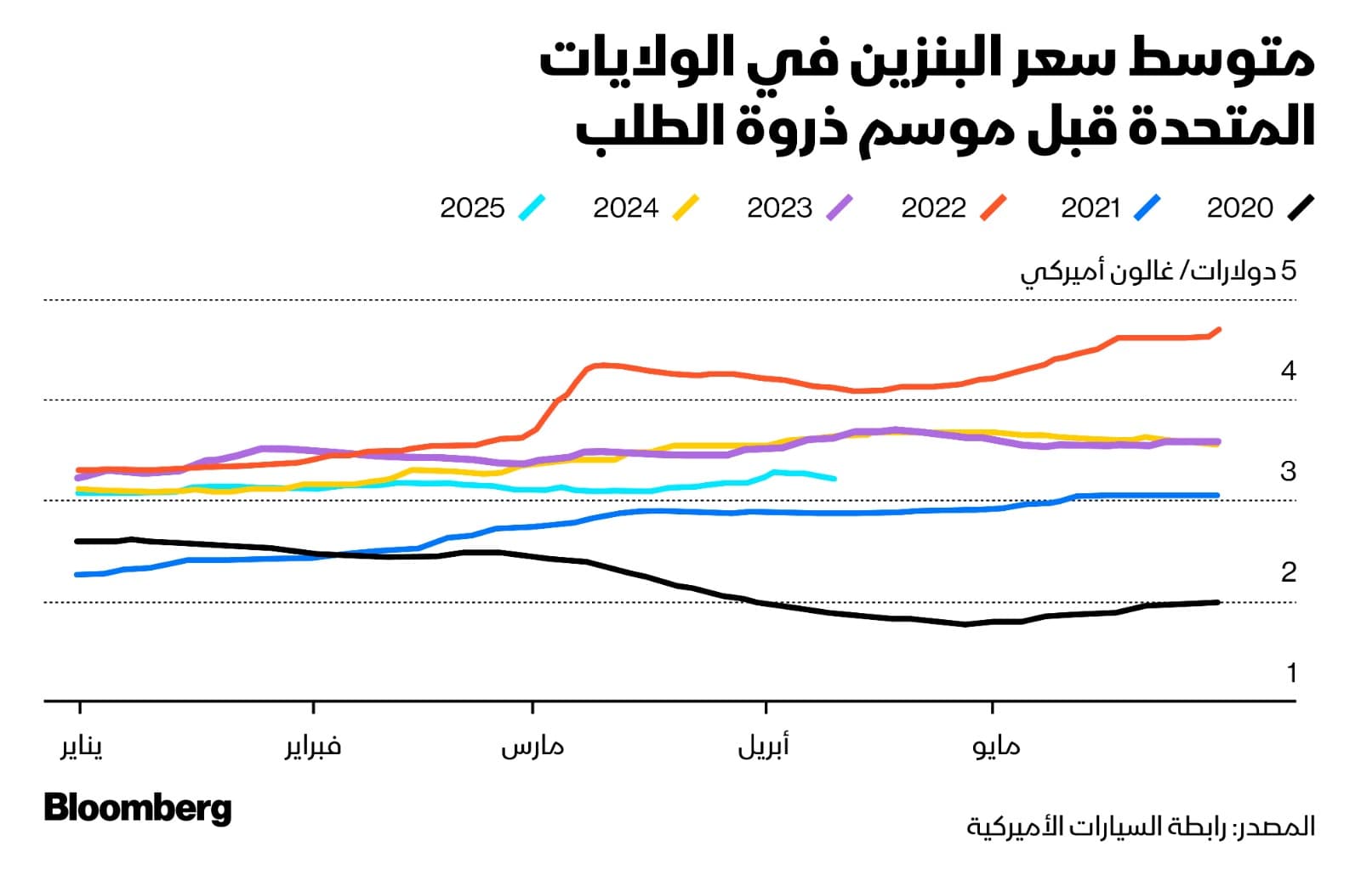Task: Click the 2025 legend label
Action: pyautogui.click(x=472, y=207)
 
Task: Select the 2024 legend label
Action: pyautogui.click(x=625, y=207)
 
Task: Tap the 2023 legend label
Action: pyautogui.click(x=779, y=207)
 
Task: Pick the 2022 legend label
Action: pyautogui.click(x=933, y=207)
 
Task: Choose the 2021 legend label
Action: pyautogui.click(x=1090, y=207)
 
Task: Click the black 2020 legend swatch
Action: pyautogui.click(x=1301, y=207)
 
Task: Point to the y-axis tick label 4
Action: pyautogui.click(x=1288, y=371)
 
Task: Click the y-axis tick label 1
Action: pyautogui.click(x=1291, y=673)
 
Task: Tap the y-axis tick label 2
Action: pyautogui.click(x=1288, y=572)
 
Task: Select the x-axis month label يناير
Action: pyautogui.click(x=82, y=747)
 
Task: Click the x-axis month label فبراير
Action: pyautogui.click(x=313, y=747)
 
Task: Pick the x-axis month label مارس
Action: pyautogui.click(x=532, y=747)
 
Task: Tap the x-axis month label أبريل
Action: pyautogui.click(x=764, y=747)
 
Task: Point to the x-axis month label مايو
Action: pyautogui.click(x=996, y=747)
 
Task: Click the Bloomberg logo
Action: pyautogui.click(x=138, y=808)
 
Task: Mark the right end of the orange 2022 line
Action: pyautogui.click(x=1220, y=329)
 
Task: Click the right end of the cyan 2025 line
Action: pyautogui.click(x=834, y=479)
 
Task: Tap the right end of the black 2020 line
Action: pyautogui.click(x=1218, y=602)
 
